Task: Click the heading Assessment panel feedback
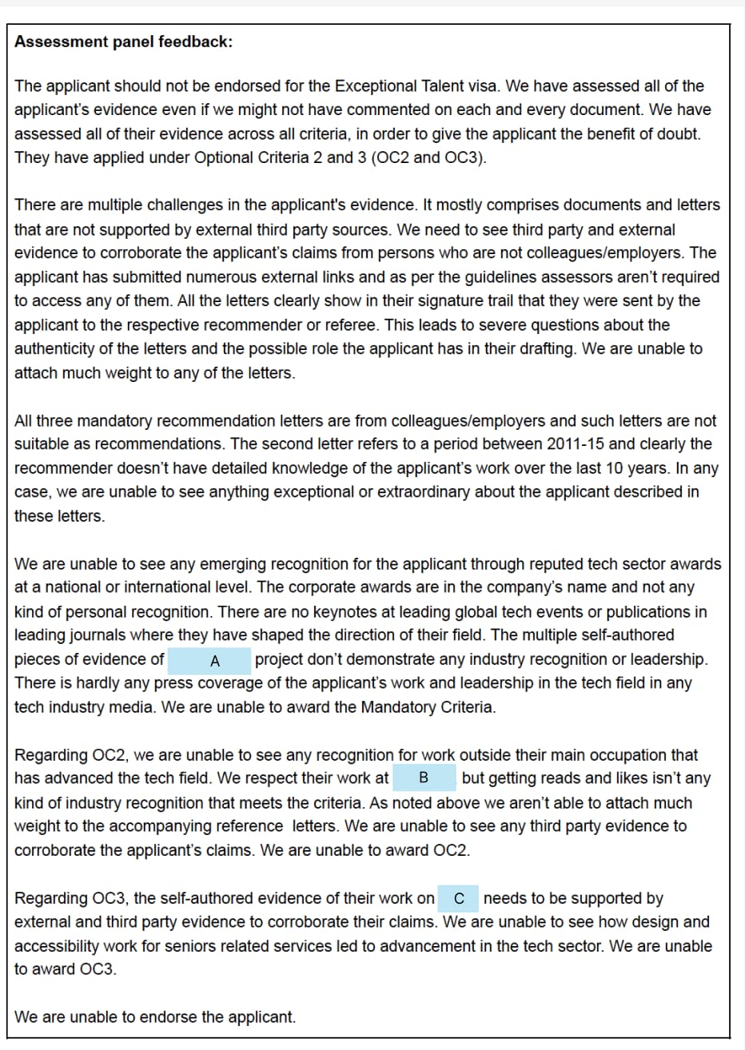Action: tap(124, 42)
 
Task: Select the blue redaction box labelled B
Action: tap(424, 778)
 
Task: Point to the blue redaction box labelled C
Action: tap(459, 898)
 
